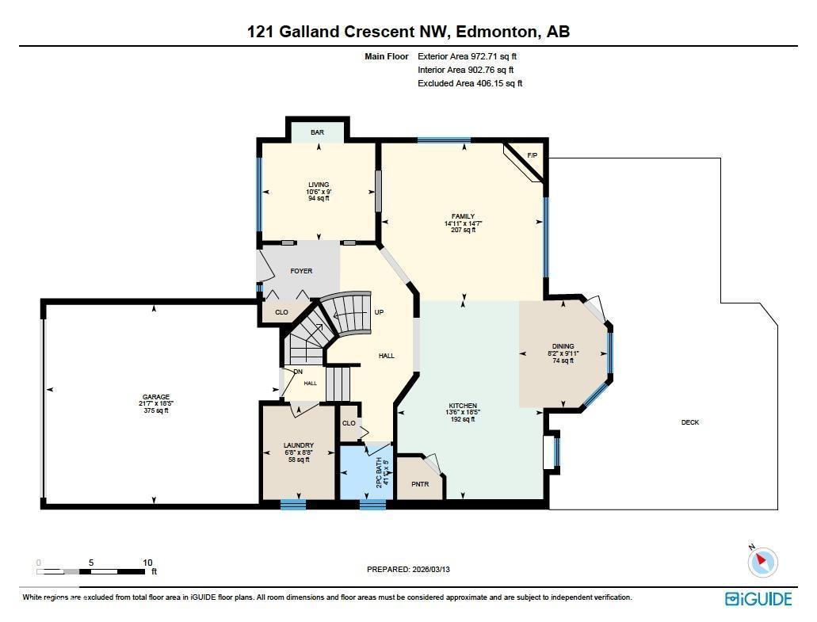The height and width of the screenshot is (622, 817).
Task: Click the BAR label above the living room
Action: pos(317,132)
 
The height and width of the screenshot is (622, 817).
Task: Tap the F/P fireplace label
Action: pos(532,155)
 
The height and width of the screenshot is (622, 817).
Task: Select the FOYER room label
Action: pos(301,271)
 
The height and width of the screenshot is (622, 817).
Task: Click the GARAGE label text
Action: pos(156,397)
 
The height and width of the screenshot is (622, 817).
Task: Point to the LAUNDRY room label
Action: pos(299,445)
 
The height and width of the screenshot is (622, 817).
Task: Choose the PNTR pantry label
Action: pos(420,484)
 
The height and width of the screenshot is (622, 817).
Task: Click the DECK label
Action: pos(690,422)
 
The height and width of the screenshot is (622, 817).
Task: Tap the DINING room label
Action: pos(563,346)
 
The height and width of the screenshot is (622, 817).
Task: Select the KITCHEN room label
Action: pos(463,406)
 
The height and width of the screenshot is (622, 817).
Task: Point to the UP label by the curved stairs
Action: pos(379,312)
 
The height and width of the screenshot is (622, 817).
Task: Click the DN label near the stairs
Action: pos(298,372)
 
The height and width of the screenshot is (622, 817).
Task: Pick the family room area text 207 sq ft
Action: pos(463,231)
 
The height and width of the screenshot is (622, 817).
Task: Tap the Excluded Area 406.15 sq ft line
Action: pos(470,83)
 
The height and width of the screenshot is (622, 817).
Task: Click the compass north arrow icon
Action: pos(762,562)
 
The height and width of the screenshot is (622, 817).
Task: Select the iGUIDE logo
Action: pos(758,599)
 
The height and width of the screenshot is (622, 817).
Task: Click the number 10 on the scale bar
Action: pos(147,563)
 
